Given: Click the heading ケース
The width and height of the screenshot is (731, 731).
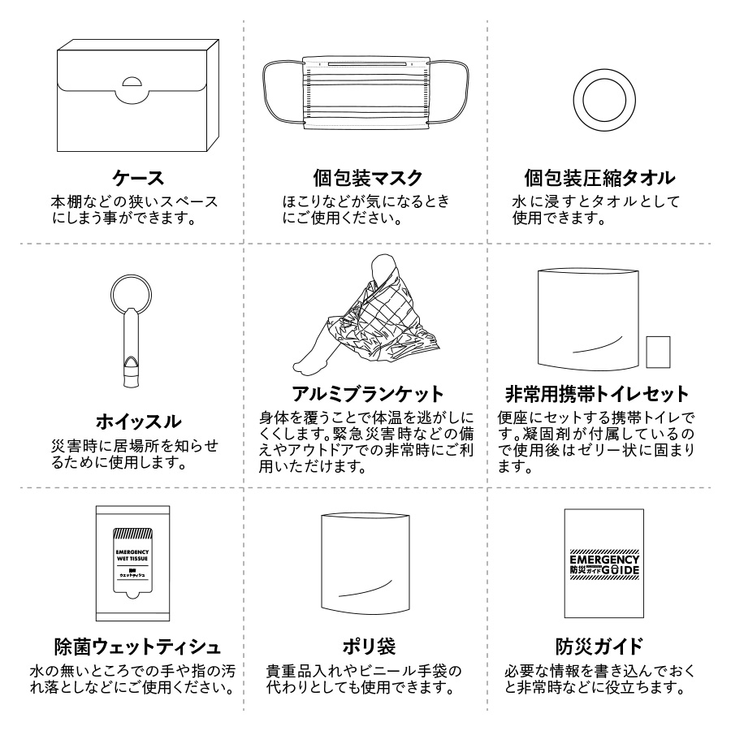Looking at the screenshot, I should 137,177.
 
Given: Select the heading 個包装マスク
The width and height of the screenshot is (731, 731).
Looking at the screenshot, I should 368,177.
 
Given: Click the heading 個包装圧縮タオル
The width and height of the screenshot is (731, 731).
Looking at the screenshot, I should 600,177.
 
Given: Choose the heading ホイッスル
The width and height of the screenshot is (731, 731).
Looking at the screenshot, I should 137,421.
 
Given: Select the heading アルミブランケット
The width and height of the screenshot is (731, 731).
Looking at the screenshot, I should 368,395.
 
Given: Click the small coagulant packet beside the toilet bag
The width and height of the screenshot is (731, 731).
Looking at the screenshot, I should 658,351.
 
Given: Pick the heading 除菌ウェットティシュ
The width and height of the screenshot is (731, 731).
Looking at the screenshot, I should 136,647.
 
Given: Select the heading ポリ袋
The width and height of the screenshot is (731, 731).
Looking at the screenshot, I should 368,647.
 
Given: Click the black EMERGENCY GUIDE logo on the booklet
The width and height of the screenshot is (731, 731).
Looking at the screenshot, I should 604,564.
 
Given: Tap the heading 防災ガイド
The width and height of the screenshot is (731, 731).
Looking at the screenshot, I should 599,647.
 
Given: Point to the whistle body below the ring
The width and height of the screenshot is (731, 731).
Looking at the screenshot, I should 128,349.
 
